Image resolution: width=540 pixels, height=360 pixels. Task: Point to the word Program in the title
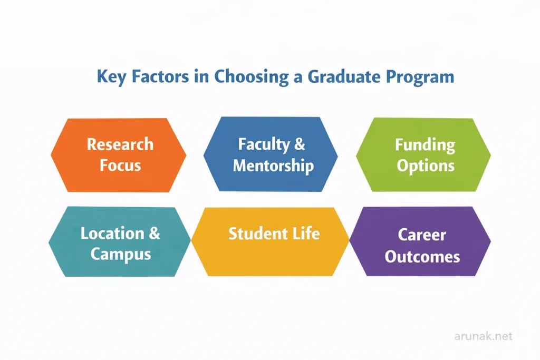tap(419, 77)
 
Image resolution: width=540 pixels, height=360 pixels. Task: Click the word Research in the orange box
tap(120, 144)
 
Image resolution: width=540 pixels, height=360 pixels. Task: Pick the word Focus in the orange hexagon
tap(120, 165)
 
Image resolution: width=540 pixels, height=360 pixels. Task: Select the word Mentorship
tap(273, 166)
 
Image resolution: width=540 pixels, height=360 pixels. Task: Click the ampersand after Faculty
tap(300, 144)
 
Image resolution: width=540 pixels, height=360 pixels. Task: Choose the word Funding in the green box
tap(425, 144)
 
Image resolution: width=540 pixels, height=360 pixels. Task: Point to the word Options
tap(425, 166)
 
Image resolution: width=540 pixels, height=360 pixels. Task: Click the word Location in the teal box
tap(112, 233)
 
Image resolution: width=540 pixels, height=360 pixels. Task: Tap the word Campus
tap(120, 254)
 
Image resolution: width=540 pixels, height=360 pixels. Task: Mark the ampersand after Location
tap(154, 233)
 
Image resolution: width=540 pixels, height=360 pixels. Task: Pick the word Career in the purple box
tap(422, 235)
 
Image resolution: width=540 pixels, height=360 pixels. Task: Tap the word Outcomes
tap(422, 257)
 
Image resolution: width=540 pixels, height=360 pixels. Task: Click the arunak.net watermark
tap(483, 336)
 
